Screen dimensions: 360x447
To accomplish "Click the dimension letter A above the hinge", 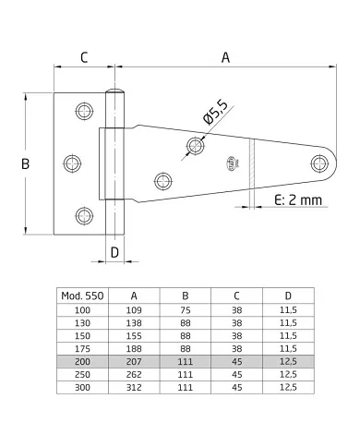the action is click(225, 57).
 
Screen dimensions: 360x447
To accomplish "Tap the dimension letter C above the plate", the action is click(84, 57).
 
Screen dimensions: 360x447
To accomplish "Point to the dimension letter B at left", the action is click(25, 163).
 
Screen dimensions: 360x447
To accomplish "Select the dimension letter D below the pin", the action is click(114, 253).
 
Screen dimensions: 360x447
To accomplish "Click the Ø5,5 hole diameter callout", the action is click(215, 112).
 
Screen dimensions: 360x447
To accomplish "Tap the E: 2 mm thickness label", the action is click(298, 200).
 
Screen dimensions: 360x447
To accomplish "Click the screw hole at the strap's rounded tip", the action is click(319, 163).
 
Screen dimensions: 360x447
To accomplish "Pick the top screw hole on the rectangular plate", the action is click(84, 111).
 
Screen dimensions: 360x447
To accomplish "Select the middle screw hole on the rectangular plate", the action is click(72, 163).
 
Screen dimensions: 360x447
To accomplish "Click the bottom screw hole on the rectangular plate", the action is click(84, 216).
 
